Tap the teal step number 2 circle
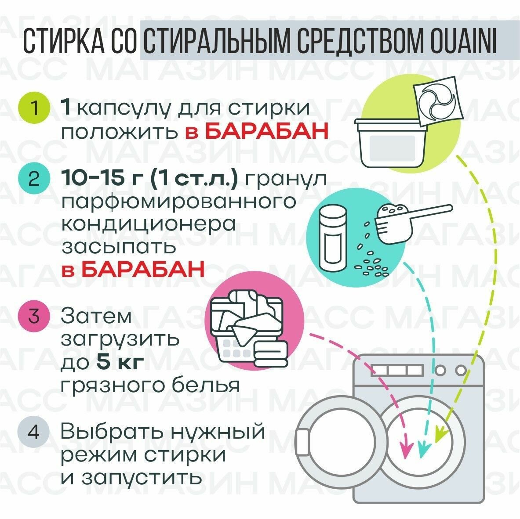35,180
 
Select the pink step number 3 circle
35,316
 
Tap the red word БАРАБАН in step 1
267,130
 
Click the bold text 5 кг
120,362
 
